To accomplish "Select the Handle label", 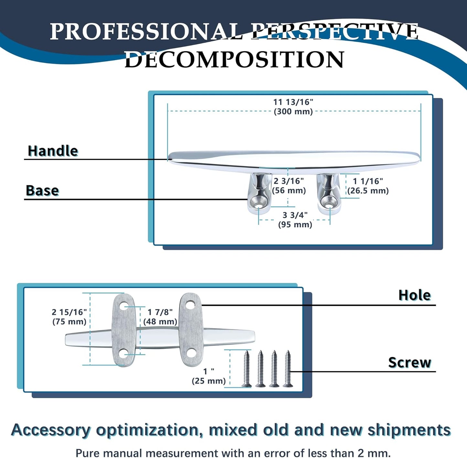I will tap(53, 151).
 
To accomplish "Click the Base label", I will tap(42, 190).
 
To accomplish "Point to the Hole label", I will tap(414, 295).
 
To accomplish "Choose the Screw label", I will tap(409, 362).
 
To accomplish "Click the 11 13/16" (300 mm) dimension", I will tap(293, 107).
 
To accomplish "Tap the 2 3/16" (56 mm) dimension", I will tap(289, 186).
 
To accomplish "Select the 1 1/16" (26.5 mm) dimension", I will tap(368, 186).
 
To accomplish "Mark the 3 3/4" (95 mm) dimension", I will tap(295, 220).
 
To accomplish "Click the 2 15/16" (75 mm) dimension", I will tap(69, 317).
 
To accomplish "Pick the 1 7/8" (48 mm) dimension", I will tap(160, 317).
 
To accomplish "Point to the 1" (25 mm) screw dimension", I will tap(209, 376).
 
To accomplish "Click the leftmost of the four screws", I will tap(247, 369).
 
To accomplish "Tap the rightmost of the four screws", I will tap(288, 369).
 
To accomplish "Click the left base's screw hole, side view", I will tap(259, 204).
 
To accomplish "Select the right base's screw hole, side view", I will tap(329, 204).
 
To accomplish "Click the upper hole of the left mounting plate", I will tap(124, 306).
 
